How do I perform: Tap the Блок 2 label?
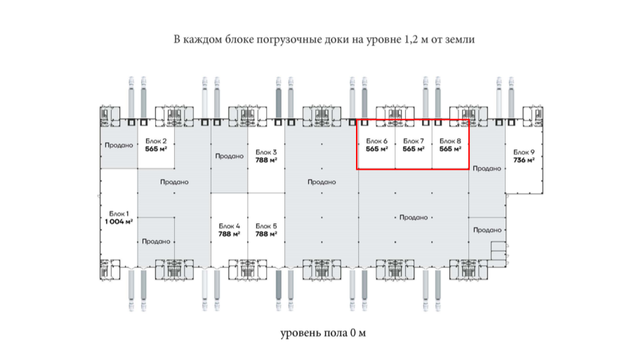click(x=154, y=140)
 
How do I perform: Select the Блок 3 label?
click(x=265, y=152)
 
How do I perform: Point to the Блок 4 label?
click(x=229, y=225)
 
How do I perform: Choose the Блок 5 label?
click(x=265, y=225)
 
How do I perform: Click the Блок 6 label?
click(x=377, y=140)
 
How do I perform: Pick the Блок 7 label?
click(x=414, y=140)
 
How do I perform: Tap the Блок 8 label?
click(x=450, y=140)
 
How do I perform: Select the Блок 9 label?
click(x=524, y=152)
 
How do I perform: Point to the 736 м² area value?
click(x=524, y=160)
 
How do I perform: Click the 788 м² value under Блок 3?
click(x=265, y=160)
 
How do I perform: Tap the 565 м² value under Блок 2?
click(x=154, y=149)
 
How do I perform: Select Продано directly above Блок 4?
click(x=229, y=156)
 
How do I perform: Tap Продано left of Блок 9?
click(x=486, y=168)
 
